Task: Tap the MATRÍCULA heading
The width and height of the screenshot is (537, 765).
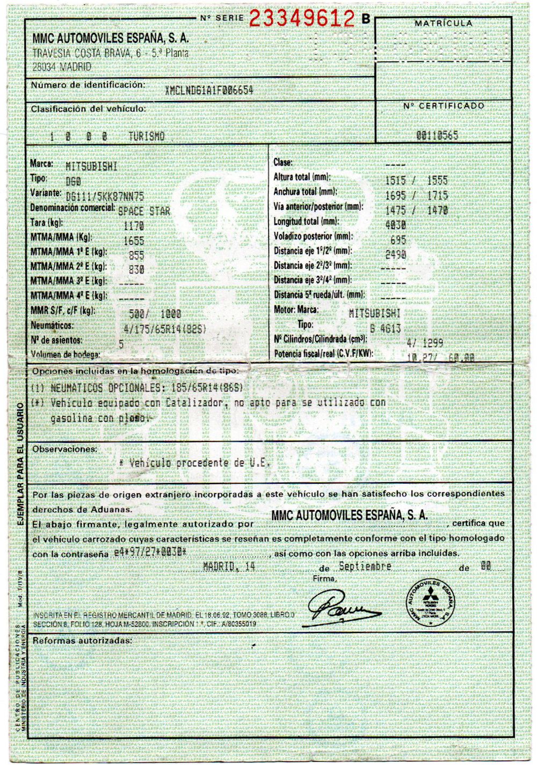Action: pos(443,24)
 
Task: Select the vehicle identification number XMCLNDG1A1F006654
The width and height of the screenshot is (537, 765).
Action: pos(209,90)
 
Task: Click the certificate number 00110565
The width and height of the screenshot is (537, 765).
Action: pos(437,135)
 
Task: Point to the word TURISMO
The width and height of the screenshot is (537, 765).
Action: pos(146,136)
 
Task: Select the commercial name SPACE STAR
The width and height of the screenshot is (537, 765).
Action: pos(144,211)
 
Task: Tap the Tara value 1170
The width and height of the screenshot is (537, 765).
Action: pos(133,226)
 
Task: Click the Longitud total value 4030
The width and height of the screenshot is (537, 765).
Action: pos(396,225)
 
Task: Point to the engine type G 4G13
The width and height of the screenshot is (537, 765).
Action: pos(386,328)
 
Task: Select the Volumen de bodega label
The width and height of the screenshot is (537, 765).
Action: pos(66,355)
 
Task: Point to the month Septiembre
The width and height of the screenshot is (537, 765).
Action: pos(365,567)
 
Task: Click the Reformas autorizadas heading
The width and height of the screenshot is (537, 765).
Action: pos(82,641)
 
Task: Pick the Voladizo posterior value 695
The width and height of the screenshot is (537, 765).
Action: pos(398,239)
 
